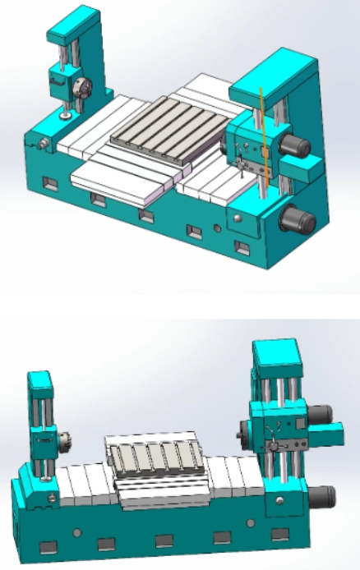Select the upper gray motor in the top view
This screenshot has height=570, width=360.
[295, 147]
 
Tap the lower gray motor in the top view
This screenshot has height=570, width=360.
[295, 219]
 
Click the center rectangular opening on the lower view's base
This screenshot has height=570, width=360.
[164, 540]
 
